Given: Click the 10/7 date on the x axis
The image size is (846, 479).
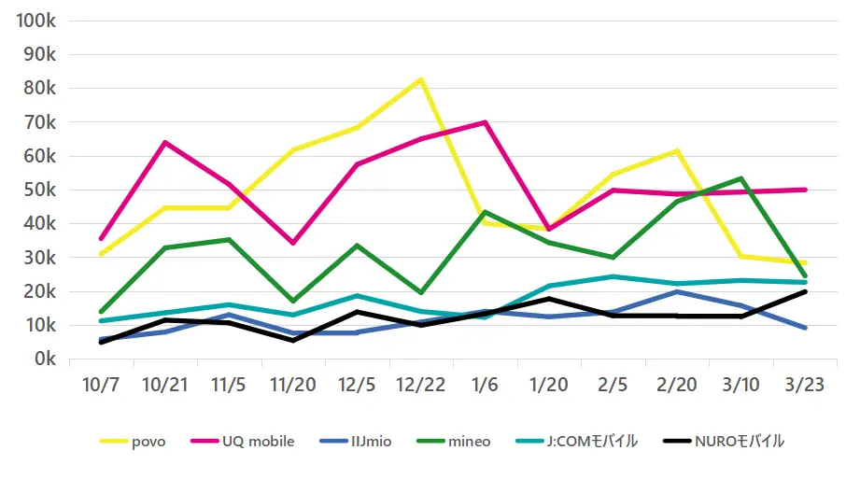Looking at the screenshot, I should (101, 386).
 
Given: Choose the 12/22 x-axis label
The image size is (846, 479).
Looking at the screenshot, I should (420, 386).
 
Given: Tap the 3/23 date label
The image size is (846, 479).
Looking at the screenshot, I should (805, 386).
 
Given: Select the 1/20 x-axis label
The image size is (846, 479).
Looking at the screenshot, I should (549, 386).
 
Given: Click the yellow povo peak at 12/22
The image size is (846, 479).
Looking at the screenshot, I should (421, 79).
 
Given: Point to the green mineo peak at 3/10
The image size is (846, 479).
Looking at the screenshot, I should (741, 178).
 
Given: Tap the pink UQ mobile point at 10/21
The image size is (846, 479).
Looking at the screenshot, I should (165, 142).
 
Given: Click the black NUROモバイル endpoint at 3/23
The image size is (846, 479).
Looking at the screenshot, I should (805, 291).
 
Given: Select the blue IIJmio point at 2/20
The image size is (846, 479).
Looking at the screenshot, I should (677, 291).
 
